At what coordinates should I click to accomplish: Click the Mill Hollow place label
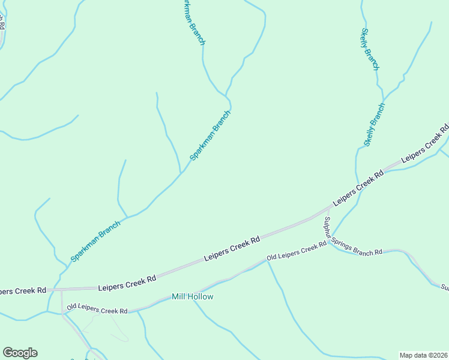192,296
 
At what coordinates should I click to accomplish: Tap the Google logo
20,353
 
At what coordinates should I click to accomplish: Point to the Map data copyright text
424,355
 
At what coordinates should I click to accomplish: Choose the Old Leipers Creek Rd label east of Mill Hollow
297,252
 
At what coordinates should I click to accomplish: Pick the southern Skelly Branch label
374,125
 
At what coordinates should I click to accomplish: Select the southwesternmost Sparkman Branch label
95,241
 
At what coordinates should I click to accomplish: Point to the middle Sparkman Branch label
210,136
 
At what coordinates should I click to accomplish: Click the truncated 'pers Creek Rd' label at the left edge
23,290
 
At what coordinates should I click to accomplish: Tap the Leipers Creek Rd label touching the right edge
425,145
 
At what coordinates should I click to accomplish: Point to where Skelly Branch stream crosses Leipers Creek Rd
358,185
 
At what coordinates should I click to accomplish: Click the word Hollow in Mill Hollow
202,296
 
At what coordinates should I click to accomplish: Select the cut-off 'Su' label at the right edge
444,287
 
